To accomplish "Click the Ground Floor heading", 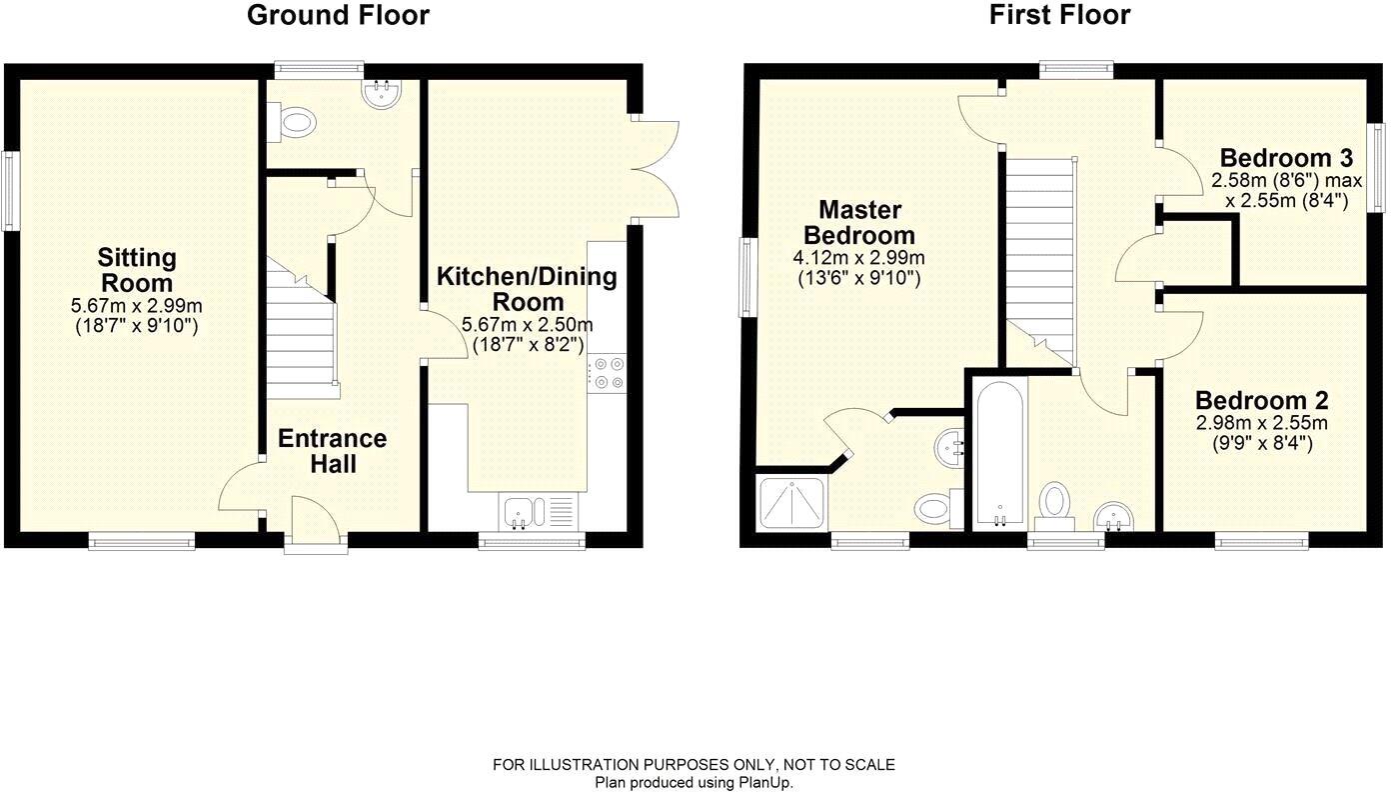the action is click(338, 16).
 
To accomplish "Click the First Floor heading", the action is click(1059, 16).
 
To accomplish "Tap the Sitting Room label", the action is click(137, 270).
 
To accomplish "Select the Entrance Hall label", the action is click(332, 451).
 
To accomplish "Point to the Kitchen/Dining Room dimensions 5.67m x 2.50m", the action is click(528, 325).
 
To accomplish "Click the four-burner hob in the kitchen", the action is click(607, 373).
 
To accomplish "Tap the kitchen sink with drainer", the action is click(538, 512).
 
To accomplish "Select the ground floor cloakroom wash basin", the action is click(382, 94).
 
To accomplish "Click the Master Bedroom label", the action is click(860, 223).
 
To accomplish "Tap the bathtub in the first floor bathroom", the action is click(999, 453).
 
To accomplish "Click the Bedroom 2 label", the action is click(1262, 400).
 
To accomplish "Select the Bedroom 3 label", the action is click(1286, 158).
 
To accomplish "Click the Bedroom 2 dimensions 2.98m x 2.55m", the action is click(1262, 423).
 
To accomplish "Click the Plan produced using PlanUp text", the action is click(694, 783).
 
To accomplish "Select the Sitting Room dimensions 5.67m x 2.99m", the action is click(137, 306).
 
